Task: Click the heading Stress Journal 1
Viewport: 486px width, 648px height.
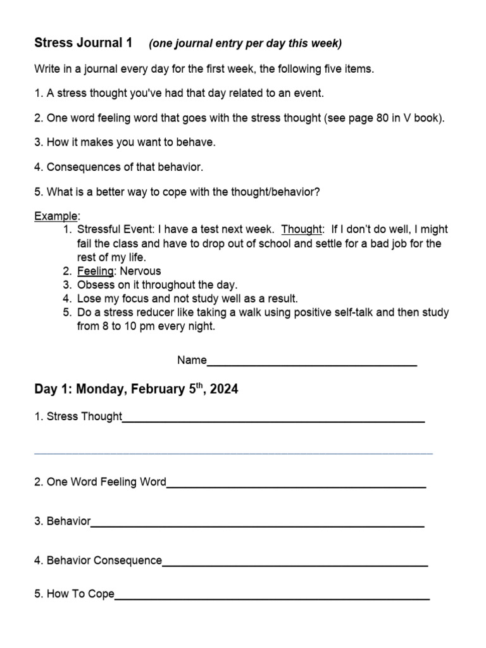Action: (x=83, y=43)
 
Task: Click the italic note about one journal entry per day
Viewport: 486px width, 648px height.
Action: (x=245, y=44)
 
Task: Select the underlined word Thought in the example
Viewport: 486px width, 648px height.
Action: (x=301, y=229)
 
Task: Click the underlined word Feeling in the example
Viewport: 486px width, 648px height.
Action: (x=95, y=271)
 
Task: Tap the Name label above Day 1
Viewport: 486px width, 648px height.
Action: (x=192, y=360)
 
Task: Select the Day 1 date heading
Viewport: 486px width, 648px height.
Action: (x=136, y=389)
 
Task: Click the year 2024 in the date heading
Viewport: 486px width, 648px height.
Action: (x=224, y=389)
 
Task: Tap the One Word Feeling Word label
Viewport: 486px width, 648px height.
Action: (x=100, y=482)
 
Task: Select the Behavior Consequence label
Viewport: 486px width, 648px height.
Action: (x=99, y=560)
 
